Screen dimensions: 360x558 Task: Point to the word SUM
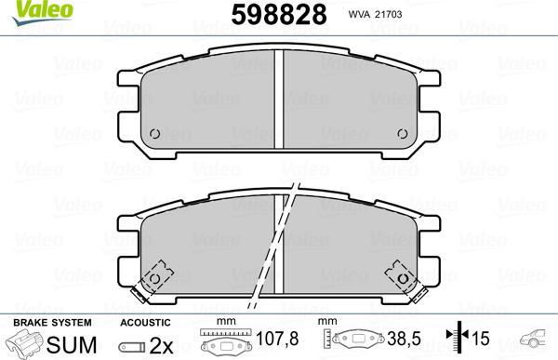(66, 342)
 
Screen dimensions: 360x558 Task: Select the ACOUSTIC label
(144, 321)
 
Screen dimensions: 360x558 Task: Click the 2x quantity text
(162, 342)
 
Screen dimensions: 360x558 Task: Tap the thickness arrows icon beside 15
(458, 341)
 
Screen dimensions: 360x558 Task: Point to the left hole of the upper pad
(156, 131)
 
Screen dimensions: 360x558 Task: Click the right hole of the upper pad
(403, 131)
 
